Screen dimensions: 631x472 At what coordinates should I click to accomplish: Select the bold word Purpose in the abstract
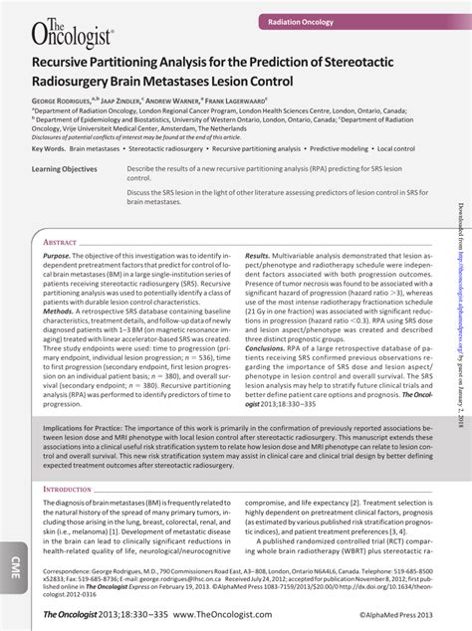pos(57,257)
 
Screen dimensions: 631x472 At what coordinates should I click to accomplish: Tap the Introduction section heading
pos(68,490)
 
